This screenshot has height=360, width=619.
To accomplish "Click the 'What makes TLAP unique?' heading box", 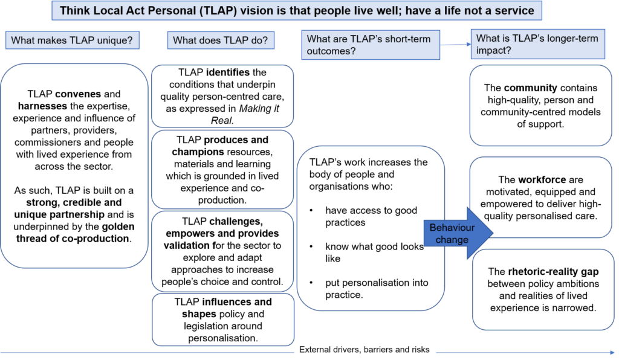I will click(73, 40).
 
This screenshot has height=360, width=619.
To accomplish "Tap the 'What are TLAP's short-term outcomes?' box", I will click(371, 45).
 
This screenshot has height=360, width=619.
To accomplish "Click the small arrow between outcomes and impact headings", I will click(456, 44).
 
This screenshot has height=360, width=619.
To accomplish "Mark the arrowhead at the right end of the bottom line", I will click(612, 352).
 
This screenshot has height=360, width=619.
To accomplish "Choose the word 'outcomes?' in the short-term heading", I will click(330, 51).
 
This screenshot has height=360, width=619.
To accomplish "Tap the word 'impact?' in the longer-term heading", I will click(494, 51).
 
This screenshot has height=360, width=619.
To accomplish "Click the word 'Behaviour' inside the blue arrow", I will click(452, 228).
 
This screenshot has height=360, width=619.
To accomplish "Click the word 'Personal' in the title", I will click(178, 10).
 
